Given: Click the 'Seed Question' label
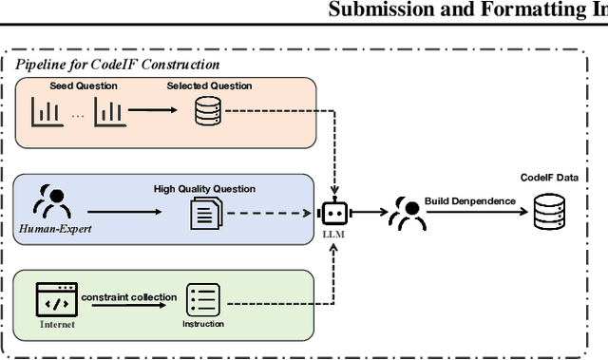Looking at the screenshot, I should (84, 86).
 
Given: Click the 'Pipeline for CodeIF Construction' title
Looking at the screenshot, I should (117, 65).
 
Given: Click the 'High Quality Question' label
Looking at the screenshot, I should (204, 188).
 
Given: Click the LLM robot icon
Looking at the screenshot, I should (333, 214).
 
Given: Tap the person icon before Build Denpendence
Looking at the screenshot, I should (406, 215).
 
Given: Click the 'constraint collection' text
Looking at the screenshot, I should (128, 296).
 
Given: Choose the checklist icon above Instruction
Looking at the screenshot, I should (203, 300).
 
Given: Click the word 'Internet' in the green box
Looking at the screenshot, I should (55, 323).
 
